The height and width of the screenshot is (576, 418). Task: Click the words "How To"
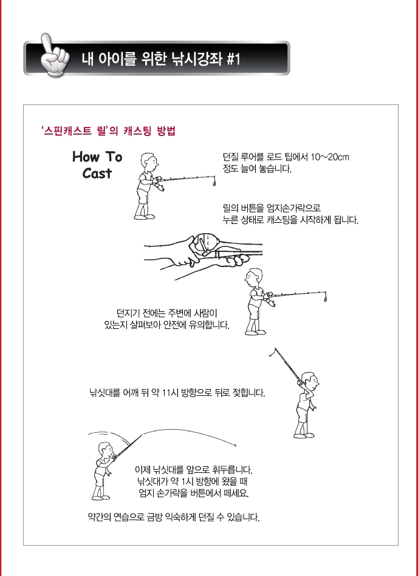click(97, 157)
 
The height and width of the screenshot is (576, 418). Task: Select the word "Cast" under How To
click(97, 173)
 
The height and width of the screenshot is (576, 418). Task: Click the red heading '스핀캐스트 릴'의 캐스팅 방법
click(109, 132)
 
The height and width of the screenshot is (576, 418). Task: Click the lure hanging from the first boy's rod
click(214, 182)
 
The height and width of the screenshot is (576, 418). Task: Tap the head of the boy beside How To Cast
click(149, 162)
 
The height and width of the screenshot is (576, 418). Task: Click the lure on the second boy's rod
click(324, 298)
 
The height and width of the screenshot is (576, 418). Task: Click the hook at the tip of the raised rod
click(272, 353)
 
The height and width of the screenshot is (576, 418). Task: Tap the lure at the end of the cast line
click(235, 446)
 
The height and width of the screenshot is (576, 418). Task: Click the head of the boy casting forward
click(106, 450)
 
